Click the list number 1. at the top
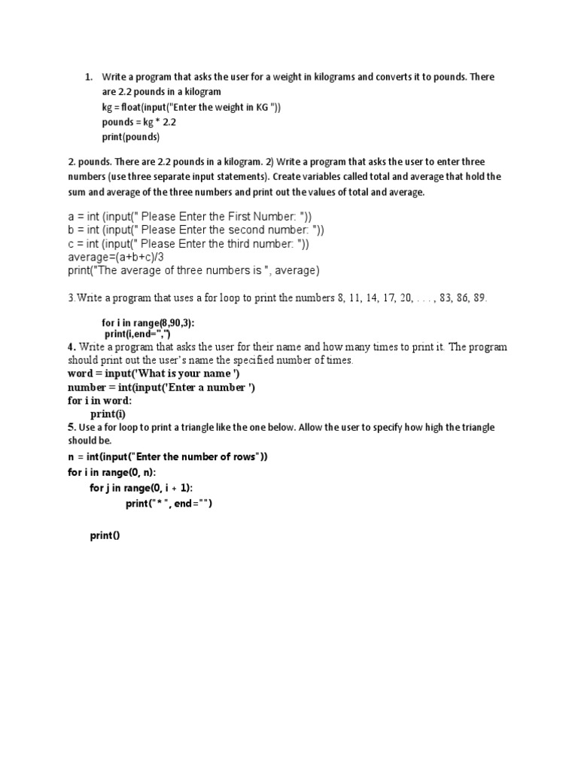click(x=88, y=77)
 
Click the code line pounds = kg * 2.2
click(x=139, y=122)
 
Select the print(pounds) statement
click(x=131, y=137)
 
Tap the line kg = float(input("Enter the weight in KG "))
click(x=191, y=107)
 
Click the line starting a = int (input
click(x=180, y=217)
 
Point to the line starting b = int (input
click(x=185, y=230)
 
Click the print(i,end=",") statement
click(x=138, y=333)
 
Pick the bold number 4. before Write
click(x=71, y=348)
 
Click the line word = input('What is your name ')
click(x=154, y=374)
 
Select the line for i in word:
click(x=99, y=401)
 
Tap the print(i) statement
click(x=108, y=413)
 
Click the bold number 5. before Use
click(x=71, y=428)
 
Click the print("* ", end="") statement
click(x=169, y=504)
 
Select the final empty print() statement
click(x=105, y=535)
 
